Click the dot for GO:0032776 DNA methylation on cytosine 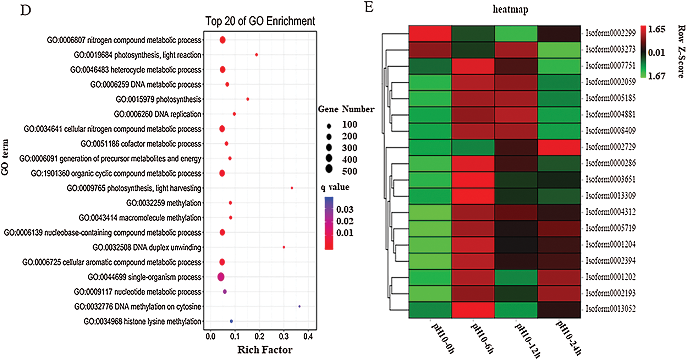(x=299, y=306)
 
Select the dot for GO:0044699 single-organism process (x=221, y=277)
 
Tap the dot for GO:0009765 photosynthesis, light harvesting (x=292, y=188)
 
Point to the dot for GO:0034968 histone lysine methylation (x=231, y=321)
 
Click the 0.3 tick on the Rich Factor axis (x=284, y=336)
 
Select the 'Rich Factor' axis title (x=265, y=350)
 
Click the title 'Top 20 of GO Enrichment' (x=260, y=21)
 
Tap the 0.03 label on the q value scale (x=345, y=209)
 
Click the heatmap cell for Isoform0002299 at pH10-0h (x=430, y=33)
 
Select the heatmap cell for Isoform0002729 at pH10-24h (x=559, y=147)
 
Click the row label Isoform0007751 (x=610, y=66)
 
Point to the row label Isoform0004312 (x=610, y=212)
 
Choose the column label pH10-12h (x=528, y=340)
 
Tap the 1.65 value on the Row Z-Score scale (x=656, y=29)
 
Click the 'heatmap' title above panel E (x=510, y=9)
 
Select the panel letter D (x=26, y=10)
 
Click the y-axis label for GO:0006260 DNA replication (x=157, y=114)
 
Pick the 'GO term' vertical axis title (x=5, y=157)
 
